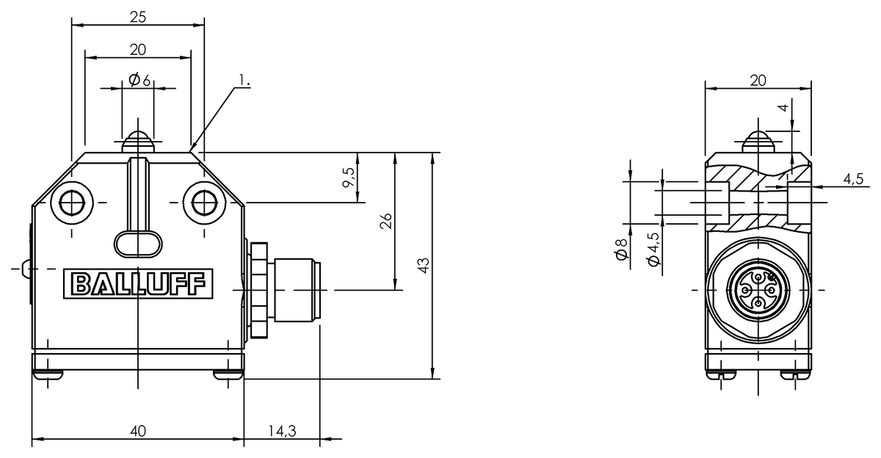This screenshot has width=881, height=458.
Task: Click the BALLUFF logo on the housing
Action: (138, 284)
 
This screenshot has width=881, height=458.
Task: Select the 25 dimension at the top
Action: (137, 15)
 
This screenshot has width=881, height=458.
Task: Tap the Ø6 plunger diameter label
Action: (139, 80)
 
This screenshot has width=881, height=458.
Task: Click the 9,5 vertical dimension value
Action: (348, 177)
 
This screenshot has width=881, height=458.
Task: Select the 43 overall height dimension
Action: (423, 266)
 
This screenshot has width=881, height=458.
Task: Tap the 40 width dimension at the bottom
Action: (137, 431)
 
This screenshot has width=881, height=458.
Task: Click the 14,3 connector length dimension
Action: (281, 431)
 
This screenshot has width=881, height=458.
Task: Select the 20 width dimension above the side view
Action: (758, 81)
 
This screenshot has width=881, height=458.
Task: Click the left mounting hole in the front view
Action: (72, 202)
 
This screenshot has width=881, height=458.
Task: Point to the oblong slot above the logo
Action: (138, 242)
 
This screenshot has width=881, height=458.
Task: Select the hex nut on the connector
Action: (258, 289)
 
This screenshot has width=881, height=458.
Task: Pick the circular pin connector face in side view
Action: (757, 291)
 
